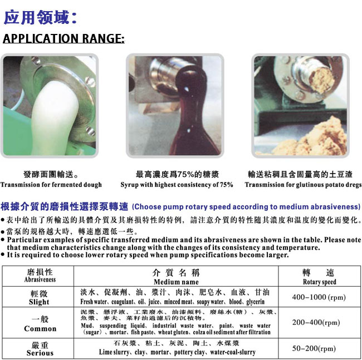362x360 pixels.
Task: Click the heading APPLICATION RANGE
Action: pyautogui.click(x=63, y=40)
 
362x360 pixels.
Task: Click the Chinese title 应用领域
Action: pyautogui.click(x=39, y=17)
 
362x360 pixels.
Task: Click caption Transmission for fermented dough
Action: pyautogui.click(x=51, y=185)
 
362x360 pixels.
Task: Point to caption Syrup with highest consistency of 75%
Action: pyautogui.click(x=177, y=185)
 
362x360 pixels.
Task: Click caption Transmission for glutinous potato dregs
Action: pyautogui.click(x=303, y=185)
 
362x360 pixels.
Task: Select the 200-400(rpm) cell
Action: pyautogui.click(x=316, y=323)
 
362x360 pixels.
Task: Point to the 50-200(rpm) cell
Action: pyautogui.click(x=314, y=348)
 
